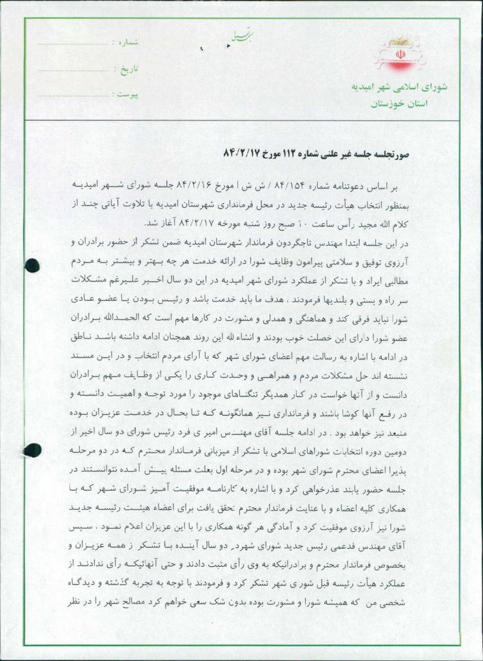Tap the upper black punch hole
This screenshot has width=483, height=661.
point(32,264)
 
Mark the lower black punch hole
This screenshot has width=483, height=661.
point(32,450)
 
